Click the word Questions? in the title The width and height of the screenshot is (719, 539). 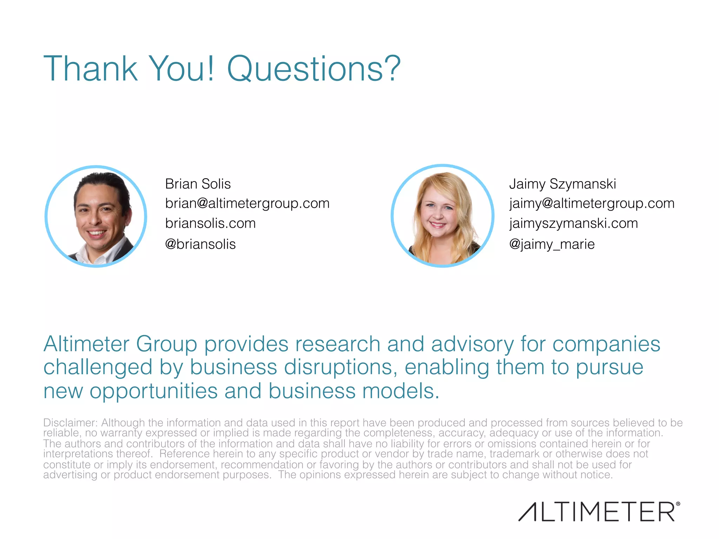314,69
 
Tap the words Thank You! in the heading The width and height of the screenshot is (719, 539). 128,69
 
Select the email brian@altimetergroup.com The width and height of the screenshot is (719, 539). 247,204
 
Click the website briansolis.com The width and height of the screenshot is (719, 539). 210,224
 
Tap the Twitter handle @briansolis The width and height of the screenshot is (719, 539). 200,244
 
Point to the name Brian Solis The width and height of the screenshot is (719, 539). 198,184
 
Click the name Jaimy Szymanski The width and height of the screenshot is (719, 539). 562,184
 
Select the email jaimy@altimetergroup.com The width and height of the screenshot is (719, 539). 592,204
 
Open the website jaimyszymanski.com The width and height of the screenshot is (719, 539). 573,224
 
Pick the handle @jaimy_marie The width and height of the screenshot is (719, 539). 552,244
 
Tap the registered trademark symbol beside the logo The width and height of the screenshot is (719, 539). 678,504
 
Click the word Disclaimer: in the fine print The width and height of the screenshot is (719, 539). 70,422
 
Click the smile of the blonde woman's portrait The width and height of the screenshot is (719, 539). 438,225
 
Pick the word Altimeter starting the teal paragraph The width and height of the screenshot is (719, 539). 86,344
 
